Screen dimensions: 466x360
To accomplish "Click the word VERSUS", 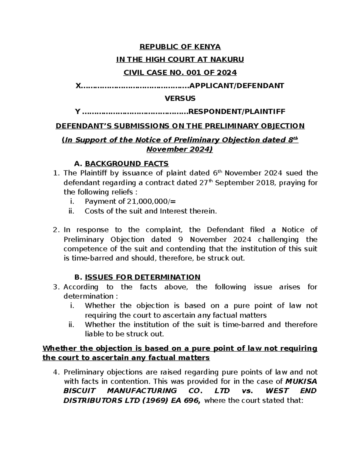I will coord(180,98).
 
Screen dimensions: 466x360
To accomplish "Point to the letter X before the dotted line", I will coord(78,86).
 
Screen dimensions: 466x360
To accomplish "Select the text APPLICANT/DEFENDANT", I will coord(237,86).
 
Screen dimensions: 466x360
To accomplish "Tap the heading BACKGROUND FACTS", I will coord(127,164).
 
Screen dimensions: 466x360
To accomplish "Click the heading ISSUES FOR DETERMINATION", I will coord(142,277).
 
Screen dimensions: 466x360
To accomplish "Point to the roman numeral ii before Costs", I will coord(71,211).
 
